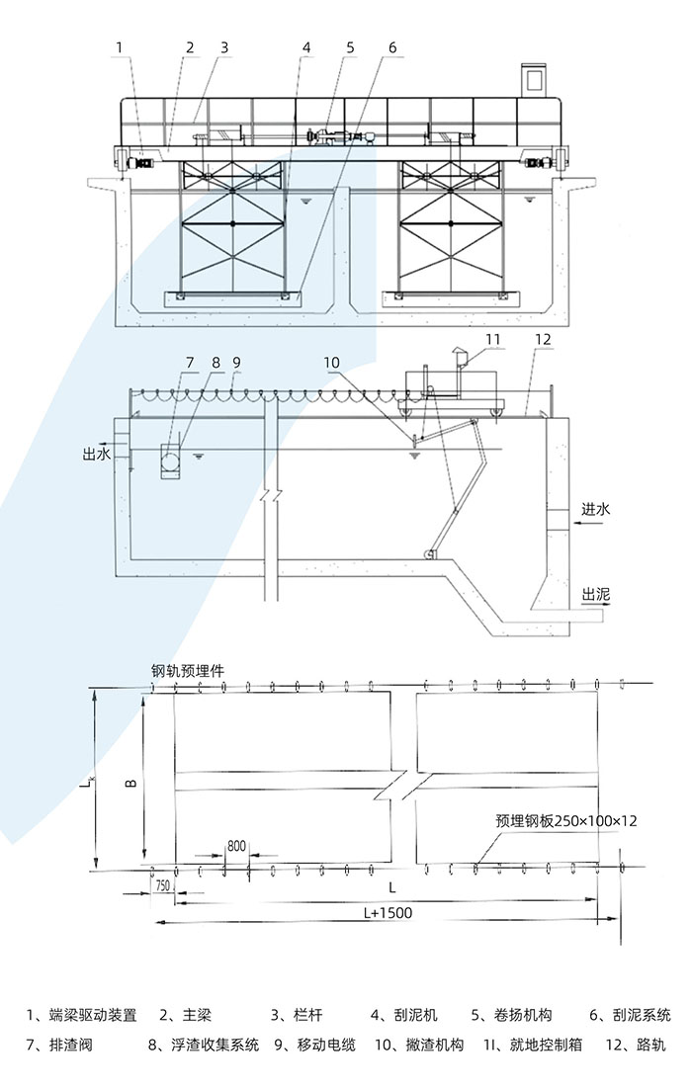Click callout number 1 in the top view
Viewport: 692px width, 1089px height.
(120, 46)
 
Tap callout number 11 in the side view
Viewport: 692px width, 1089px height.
(493, 340)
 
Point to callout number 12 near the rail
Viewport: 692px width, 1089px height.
(542, 340)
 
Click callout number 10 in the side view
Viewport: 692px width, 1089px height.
(330, 363)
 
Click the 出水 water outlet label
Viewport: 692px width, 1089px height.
(95, 455)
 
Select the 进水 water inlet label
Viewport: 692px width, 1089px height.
(596, 510)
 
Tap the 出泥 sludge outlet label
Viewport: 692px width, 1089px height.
(596, 595)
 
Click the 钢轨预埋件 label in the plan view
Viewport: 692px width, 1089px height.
(188, 670)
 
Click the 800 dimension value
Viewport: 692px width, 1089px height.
(236, 846)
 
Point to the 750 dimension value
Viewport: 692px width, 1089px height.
(164, 887)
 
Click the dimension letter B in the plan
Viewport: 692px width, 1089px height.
(130, 781)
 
